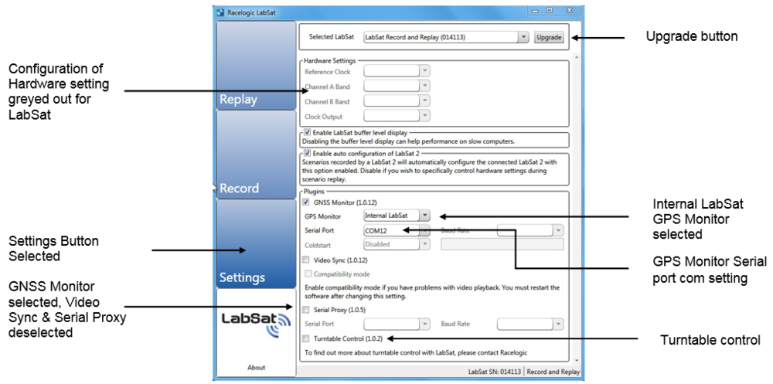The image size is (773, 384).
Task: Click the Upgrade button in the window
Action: pyautogui.click(x=549, y=37)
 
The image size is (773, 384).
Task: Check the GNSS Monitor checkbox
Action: pyautogui.click(x=307, y=202)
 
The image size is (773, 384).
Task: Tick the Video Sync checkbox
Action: pyautogui.click(x=307, y=260)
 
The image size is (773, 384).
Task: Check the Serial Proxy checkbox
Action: pyautogui.click(x=307, y=310)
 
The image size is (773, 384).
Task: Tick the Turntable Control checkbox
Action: pyautogui.click(x=307, y=339)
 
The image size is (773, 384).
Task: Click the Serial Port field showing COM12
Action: pyautogui.click(x=391, y=230)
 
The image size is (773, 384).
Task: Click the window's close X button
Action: pyautogui.click(x=568, y=11)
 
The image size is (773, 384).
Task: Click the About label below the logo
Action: pyautogui.click(x=257, y=368)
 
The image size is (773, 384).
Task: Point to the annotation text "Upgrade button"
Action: pyautogui.click(x=692, y=36)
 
